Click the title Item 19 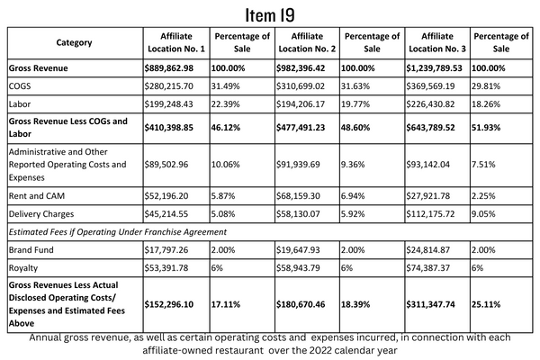pos(270,15)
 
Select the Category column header pos(74,42)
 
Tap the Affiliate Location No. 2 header pos(307,42)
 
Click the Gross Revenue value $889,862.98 pos(169,68)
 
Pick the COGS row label pos(20,86)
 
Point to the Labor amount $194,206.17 pos(301,104)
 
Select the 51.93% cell pos(486,128)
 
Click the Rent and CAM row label pos(37,196)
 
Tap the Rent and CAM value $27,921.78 pos(427,196)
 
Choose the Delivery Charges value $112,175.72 pos(430,214)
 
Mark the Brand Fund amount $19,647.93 pos(298,250)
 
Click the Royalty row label pos(23,268)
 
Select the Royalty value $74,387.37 pos(427,268)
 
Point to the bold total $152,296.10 pos(169,304)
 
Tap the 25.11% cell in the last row pos(486,304)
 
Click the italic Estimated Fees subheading pos(118,232)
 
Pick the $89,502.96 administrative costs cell pos(166,165)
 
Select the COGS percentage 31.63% pos(355,86)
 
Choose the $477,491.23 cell pos(301,128)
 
